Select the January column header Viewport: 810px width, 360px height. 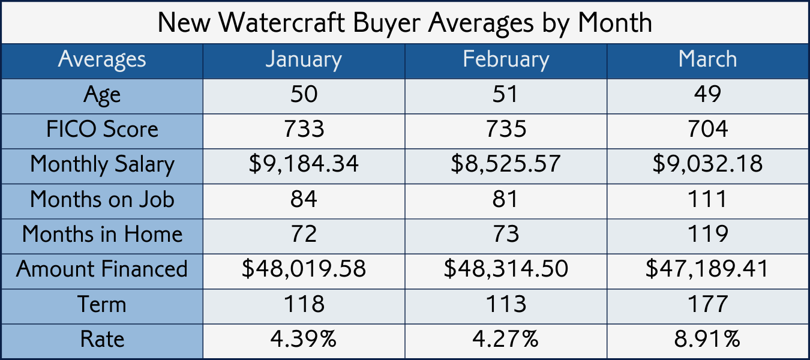click(x=304, y=59)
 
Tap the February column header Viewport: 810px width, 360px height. click(x=506, y=59)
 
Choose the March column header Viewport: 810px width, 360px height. click(x=707, y=59)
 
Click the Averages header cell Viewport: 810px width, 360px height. click(x=102, y=59)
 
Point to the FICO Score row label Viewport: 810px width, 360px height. click(x=102, y=129)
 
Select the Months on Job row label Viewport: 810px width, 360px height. click(x=102, y=199)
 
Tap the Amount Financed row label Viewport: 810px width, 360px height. click(x=102, y=269)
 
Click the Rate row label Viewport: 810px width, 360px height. click(x=102, y=339)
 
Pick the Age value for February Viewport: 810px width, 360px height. click(x=506, y=94)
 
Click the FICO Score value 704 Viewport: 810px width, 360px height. click(x=707, y=129)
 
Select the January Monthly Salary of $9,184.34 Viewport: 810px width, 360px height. click(x=304, y=164)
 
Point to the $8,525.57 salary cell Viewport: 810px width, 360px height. click(x=506, y=164)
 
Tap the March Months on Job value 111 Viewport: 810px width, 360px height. click(x=707, y=199)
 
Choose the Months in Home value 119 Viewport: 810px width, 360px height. click(x=707, y=234)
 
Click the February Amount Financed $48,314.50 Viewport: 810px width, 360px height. click(x=506, y=269)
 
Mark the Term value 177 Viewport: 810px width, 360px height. click(x=707, y=304)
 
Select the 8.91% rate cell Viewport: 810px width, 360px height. click(x=707, y=339)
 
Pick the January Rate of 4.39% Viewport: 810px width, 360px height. click(x=304, y=339)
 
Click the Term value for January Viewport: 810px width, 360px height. click(x=304, y=304)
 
